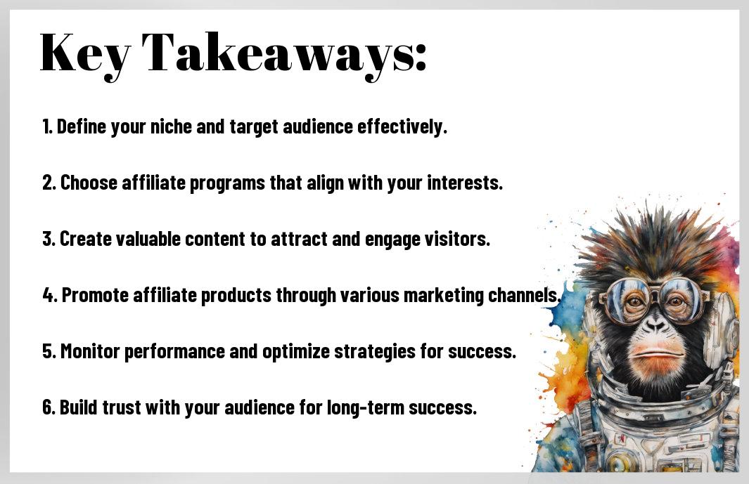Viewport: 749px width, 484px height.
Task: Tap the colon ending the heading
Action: coord(420,58)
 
